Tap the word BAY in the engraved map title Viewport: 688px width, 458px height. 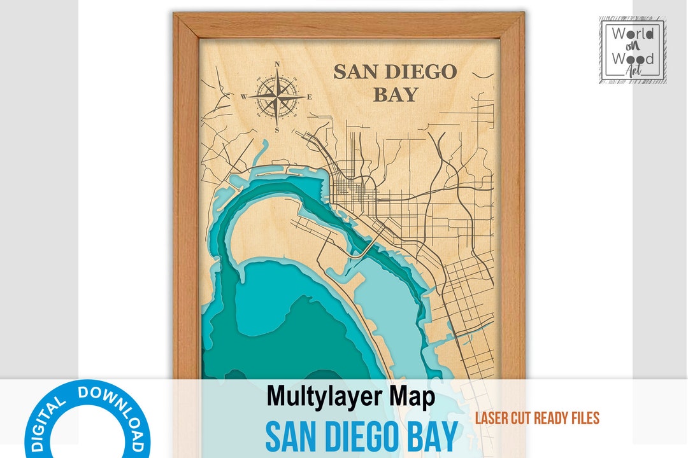[395, 95]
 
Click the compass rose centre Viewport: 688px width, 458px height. [277, 97]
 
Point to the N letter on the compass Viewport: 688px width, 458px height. [277, 64]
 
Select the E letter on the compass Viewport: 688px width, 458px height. [310, 97]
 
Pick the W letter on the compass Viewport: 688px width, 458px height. [243, 97]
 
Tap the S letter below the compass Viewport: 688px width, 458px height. [277, 130]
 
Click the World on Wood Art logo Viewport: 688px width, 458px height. [632, 50]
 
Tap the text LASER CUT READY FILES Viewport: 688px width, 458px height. [537, 418]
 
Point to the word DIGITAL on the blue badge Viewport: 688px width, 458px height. [48, 422]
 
